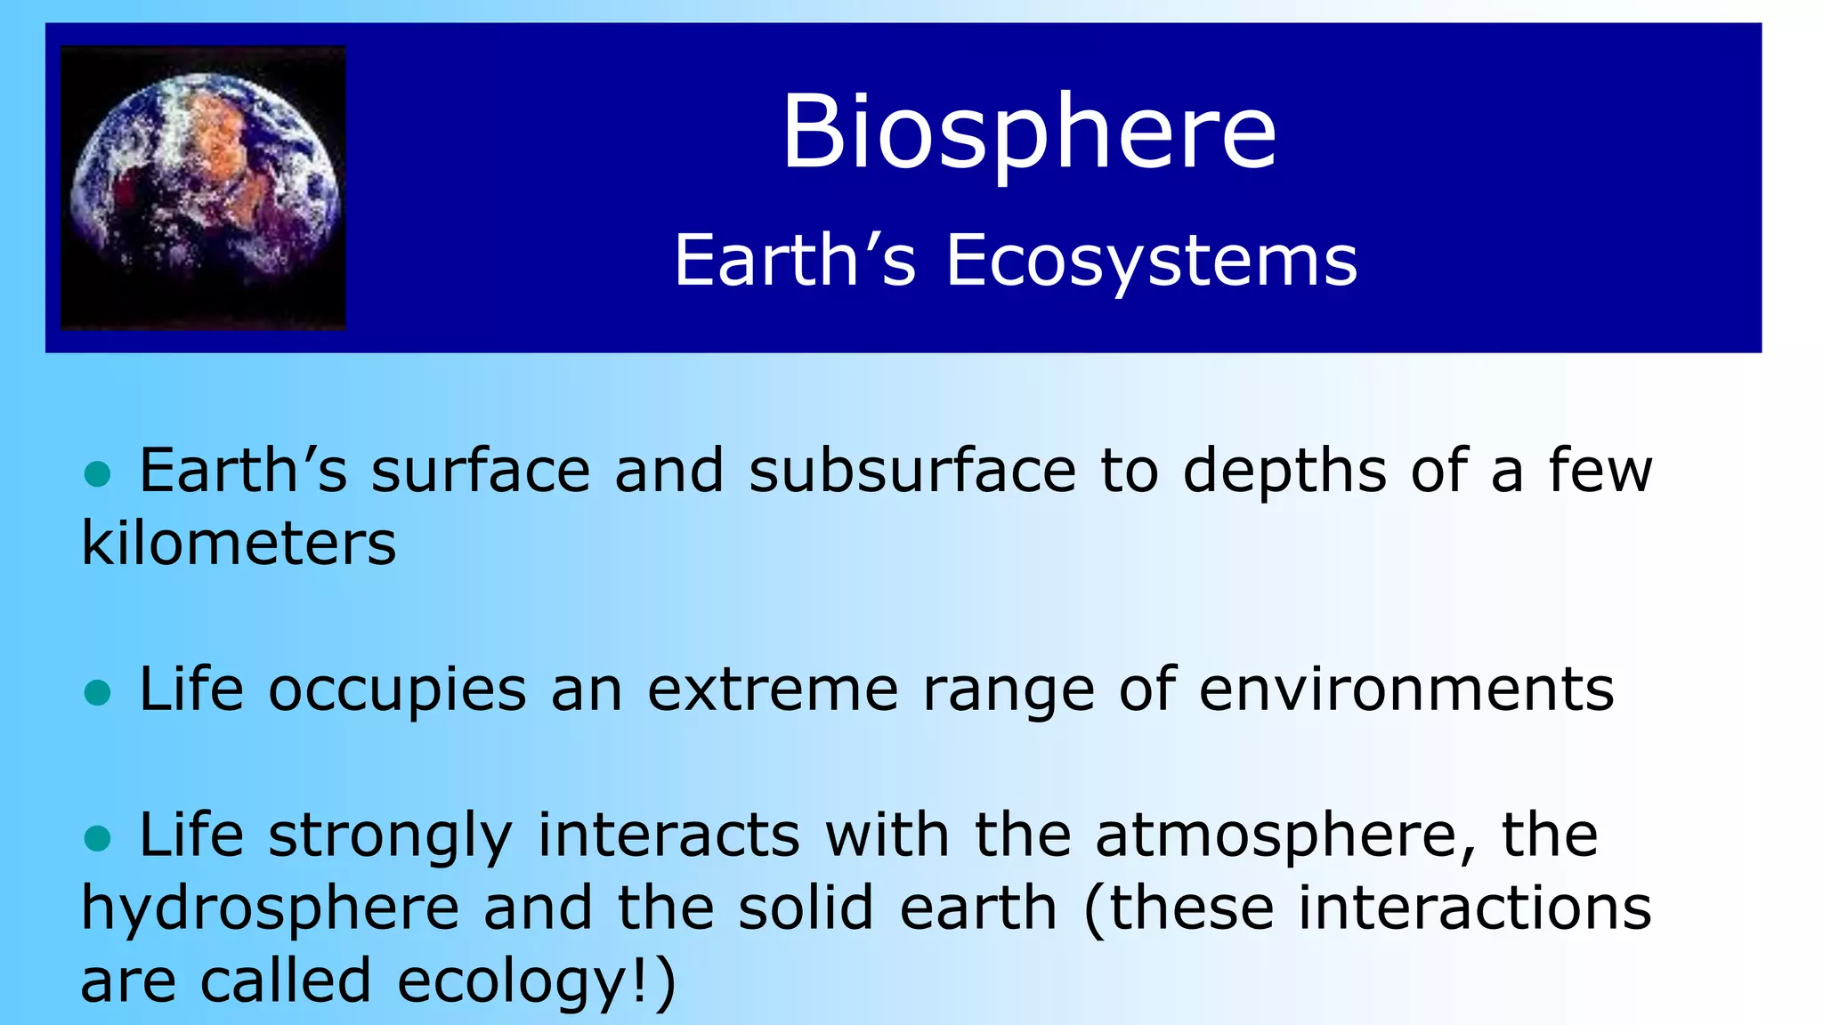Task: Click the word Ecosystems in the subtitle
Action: (1151, 260)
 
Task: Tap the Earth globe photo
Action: (203, 188)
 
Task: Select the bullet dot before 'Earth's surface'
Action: (96, 473)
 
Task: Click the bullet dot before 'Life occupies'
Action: (96, 692)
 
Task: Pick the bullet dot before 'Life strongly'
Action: (96, 837)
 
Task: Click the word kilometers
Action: (239, 543)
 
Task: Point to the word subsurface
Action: (911, 471)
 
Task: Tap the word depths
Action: (1284, 471)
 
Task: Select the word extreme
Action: (772, 690)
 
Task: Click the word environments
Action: (1406, 690)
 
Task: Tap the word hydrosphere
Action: (270, 909)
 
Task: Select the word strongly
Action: (390, 837)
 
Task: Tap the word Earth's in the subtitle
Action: (794, 260)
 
